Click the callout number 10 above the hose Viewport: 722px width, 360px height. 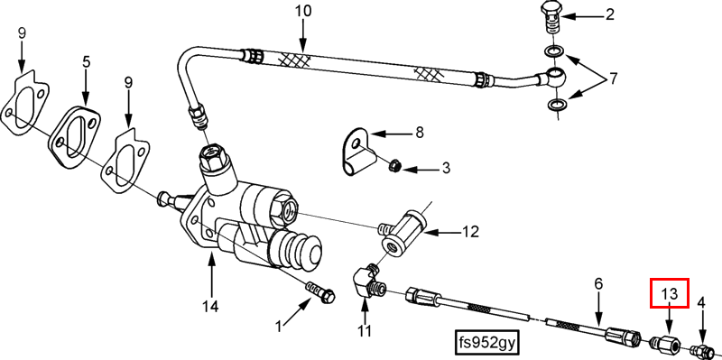(303, 11)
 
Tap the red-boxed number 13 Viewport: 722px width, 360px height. (669, 294)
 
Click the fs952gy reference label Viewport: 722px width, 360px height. (486, 342)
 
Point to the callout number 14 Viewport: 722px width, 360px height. (211, 306)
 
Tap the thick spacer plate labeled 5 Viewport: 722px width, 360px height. (74, 136)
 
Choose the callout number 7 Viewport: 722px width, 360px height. (613, 79)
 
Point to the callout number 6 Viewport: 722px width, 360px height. (598, 284)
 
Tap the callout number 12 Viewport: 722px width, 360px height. (468, 231)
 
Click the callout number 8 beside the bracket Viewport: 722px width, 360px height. (419, 133)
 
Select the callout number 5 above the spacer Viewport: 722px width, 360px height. (87, 61)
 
